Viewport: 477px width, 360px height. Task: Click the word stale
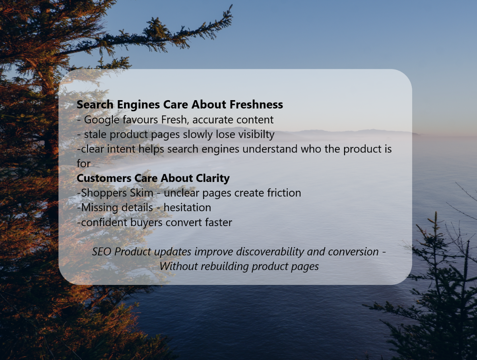95,135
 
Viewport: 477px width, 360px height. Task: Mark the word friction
283,193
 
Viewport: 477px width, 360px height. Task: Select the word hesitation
187,208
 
